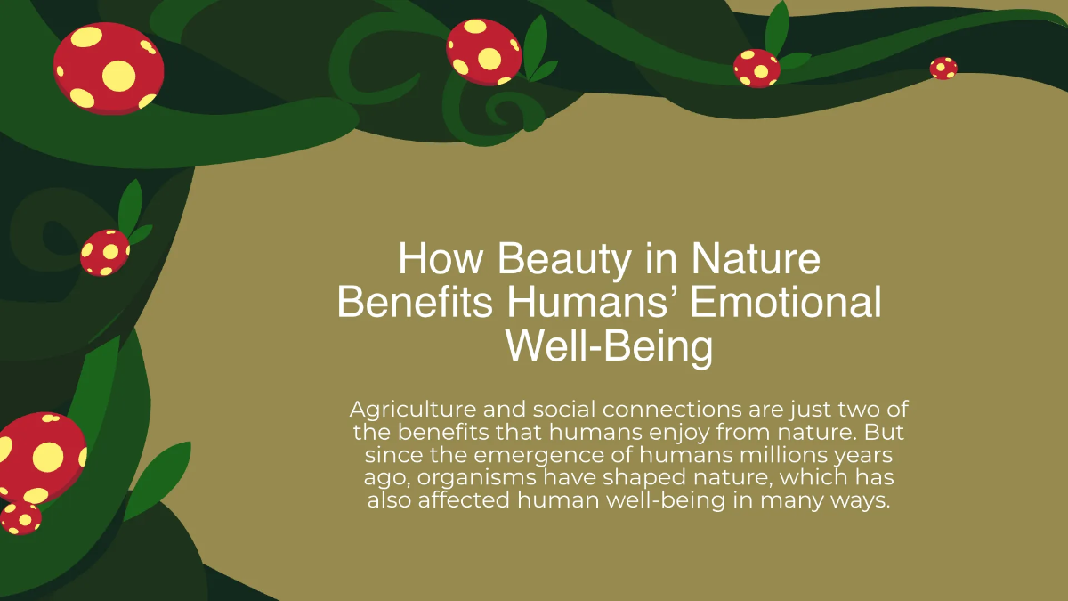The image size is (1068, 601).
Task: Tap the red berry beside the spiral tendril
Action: pyautogui.click(x=483, y=51)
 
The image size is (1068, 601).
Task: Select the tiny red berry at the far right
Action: pyautogui.click(x=943, y=68)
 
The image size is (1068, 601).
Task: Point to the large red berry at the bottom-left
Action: pyautogui.click(x=40, y=456)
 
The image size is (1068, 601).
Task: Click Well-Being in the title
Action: pyautogui.click(x=610, y=346)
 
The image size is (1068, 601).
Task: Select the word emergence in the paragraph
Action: pyautogui.click(x=530, y=455)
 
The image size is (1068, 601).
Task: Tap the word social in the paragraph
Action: pyautogui.click(x=563, y=410)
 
